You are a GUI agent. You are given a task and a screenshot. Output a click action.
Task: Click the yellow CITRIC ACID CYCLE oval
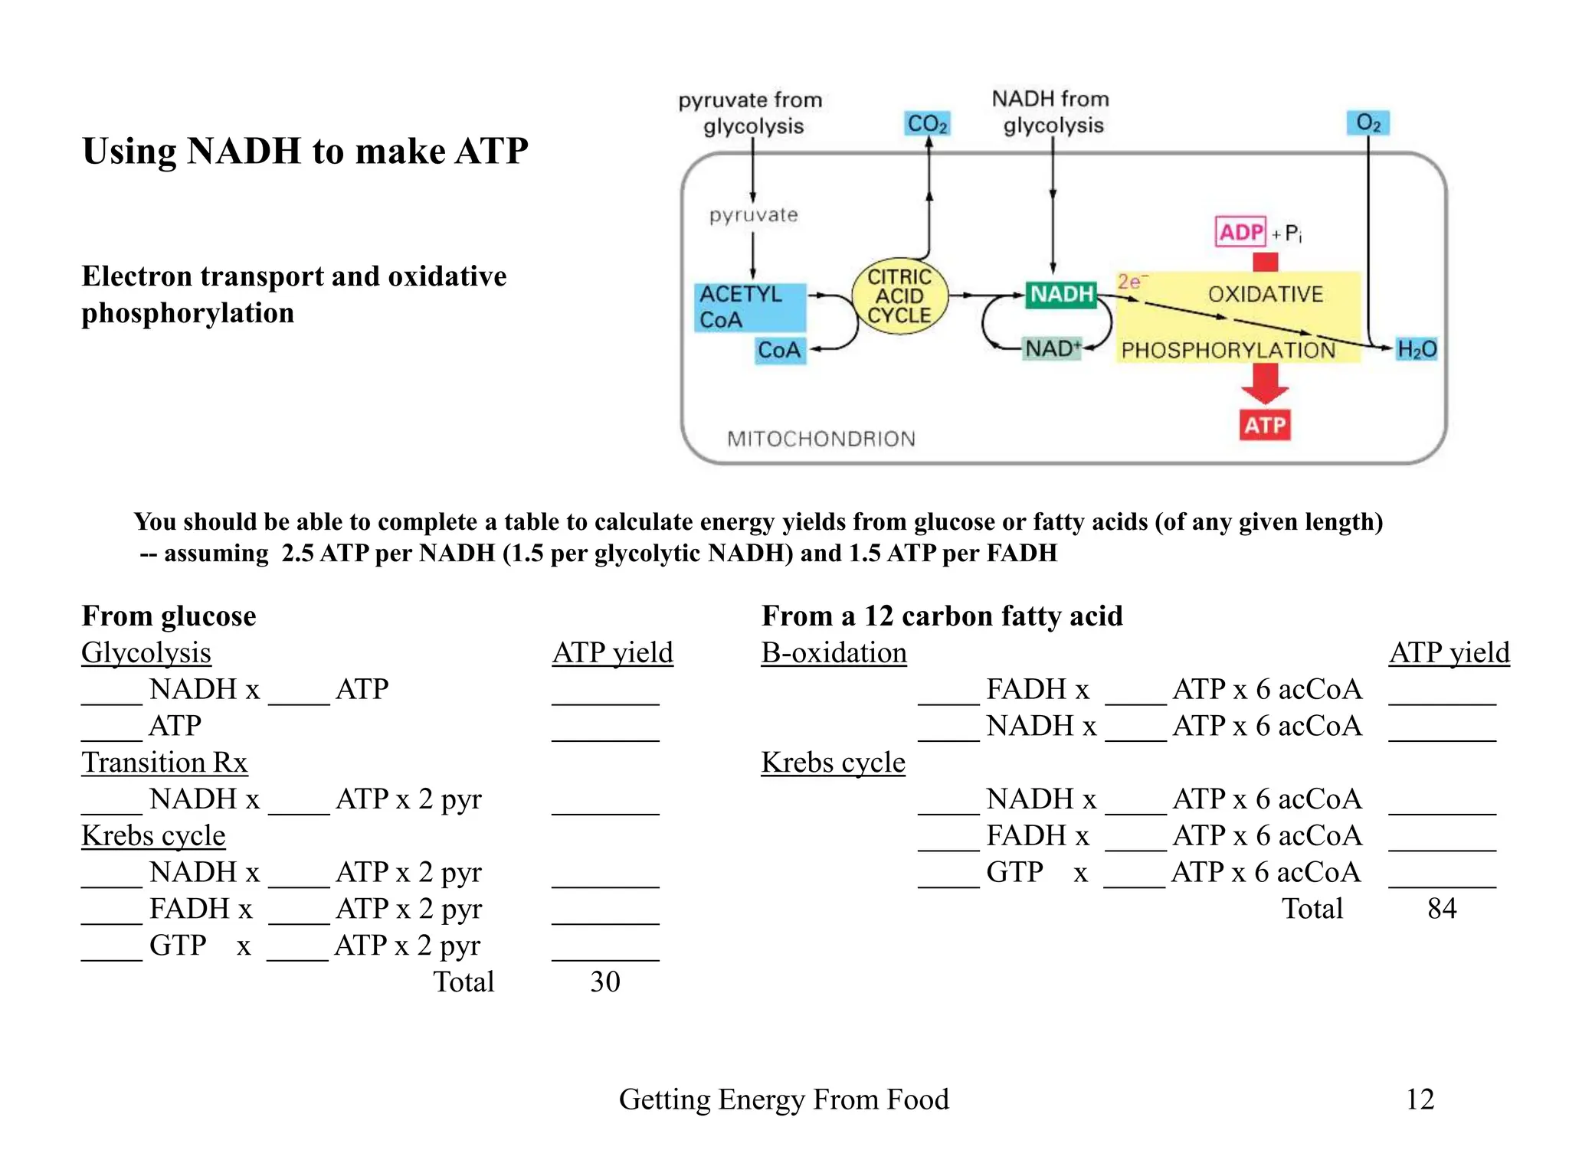pos(899,296)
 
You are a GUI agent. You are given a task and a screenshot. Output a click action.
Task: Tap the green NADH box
pos(1061,294)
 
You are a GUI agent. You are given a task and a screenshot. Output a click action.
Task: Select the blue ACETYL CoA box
pos(751,306)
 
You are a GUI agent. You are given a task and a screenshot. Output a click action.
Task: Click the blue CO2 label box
pos(927,123)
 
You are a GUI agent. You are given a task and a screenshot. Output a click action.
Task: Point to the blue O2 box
pos(1368,122)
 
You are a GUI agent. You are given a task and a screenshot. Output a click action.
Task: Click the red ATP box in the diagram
pos(1265,425)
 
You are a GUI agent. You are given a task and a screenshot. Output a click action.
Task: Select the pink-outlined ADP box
pos(1240,232)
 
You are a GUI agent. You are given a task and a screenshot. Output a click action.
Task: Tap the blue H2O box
pos(1416,349)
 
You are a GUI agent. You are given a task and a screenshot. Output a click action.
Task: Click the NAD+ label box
pos(1053,349)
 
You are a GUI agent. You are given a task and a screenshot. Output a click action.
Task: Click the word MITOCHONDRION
pos(821,439)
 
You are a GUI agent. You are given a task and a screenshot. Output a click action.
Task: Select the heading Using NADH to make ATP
pos(305,151)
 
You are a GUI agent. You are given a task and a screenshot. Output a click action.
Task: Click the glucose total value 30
pos(604,982)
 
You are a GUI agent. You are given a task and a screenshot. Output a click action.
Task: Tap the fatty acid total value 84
pos(1441,908)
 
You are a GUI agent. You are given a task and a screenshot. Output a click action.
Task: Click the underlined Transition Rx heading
pos(164,763)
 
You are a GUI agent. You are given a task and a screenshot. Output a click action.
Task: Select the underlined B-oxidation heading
pos(834,652)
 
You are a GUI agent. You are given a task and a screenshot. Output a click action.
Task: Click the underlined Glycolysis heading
pos(146,652)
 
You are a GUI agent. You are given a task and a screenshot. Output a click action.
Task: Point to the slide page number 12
pos(1419,1099)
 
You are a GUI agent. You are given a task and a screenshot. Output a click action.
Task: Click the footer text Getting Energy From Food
pos(784,1099)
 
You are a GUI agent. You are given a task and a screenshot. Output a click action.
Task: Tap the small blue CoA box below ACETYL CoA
pos(779,351)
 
